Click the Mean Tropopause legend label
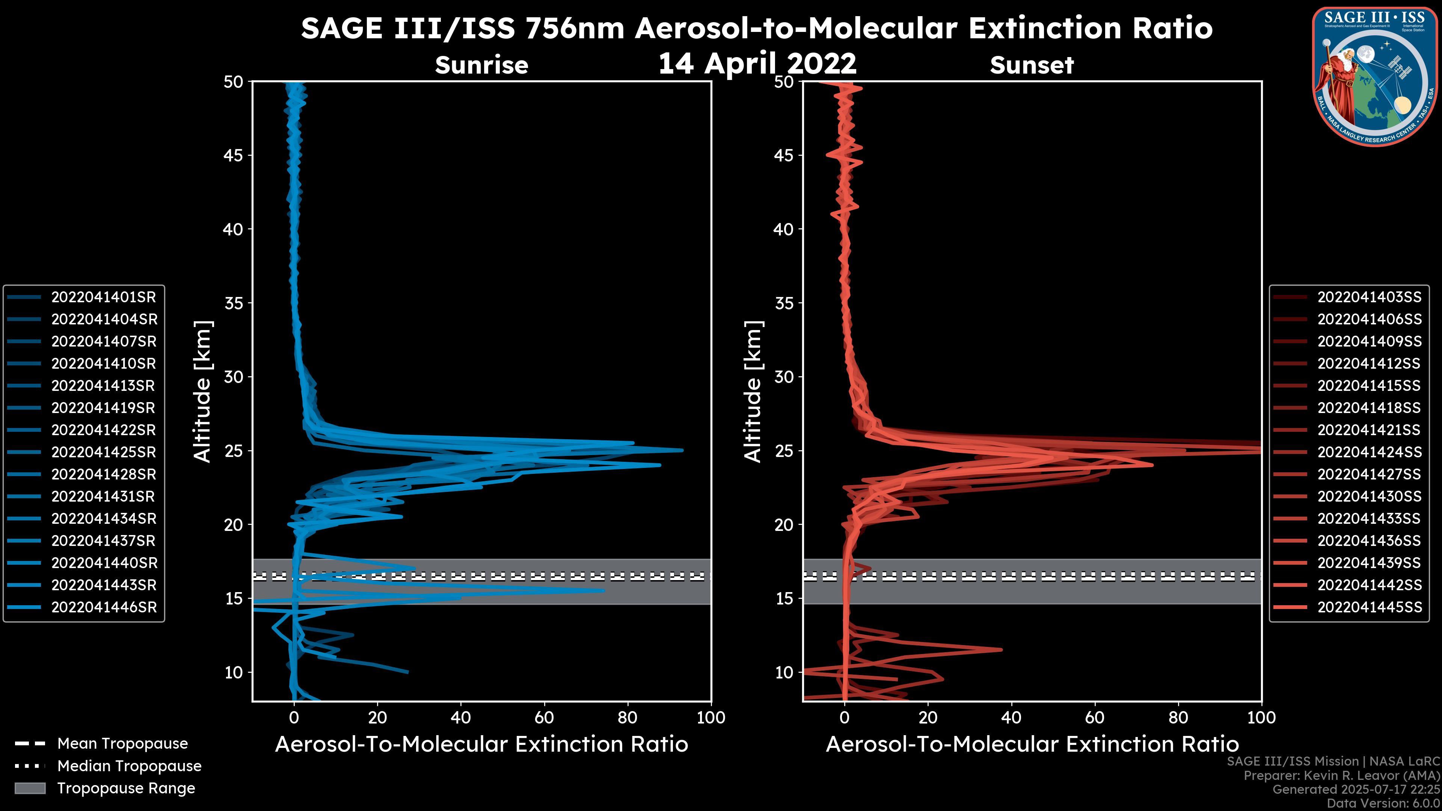[x=122, y=743]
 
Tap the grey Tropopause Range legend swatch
[x=30, y=788]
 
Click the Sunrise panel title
[x=481, y=65]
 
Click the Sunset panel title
[x=1032, y=65]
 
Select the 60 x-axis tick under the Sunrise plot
[x=544, y=718]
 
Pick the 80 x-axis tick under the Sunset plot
[x=1178, y=718]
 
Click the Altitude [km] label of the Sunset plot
[x=753, y=391]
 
